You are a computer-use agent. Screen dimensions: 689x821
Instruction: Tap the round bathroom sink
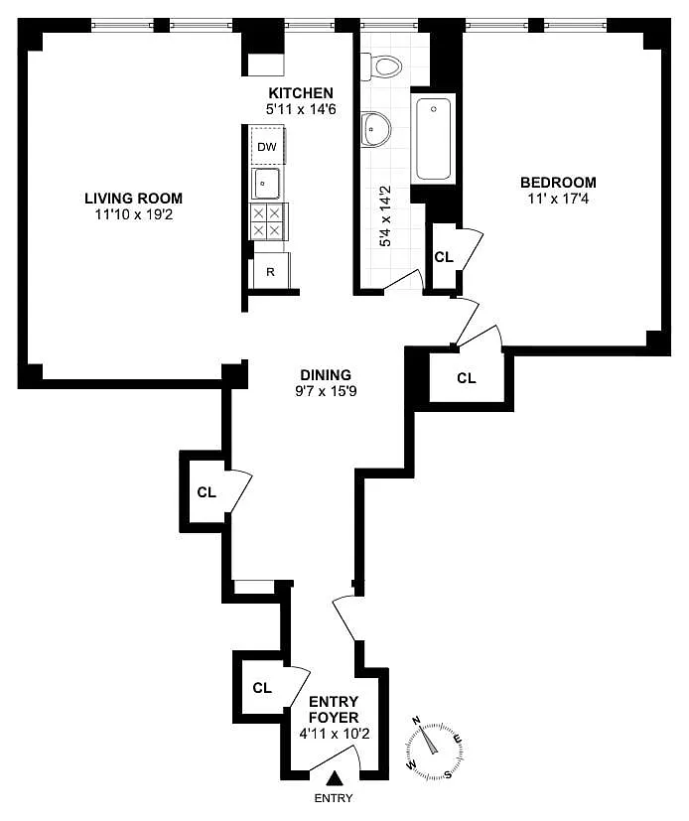376,129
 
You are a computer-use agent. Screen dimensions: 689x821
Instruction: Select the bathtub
433,139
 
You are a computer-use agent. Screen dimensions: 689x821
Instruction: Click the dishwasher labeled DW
267,146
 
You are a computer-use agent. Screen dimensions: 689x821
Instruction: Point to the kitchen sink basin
266,184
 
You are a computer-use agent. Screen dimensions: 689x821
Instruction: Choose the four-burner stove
268,222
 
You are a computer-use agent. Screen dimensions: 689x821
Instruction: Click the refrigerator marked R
271,271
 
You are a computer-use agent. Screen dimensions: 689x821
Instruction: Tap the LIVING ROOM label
133,198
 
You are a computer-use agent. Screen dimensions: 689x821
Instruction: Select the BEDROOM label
558,183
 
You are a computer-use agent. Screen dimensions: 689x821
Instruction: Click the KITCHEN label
301,92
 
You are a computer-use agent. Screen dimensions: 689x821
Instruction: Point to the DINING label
326,375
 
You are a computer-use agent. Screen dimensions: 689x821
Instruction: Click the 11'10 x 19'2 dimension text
133,214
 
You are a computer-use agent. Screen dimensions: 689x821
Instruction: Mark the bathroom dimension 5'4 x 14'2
386,216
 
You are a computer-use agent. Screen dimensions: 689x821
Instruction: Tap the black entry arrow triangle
334,779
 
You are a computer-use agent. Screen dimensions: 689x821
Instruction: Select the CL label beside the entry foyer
262,688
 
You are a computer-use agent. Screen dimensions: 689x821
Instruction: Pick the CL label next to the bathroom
444,257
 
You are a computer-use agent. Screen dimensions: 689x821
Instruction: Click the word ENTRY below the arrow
334,798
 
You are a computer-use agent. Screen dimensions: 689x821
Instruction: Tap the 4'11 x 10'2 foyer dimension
334,734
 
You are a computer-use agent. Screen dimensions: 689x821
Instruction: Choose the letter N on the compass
417,721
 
